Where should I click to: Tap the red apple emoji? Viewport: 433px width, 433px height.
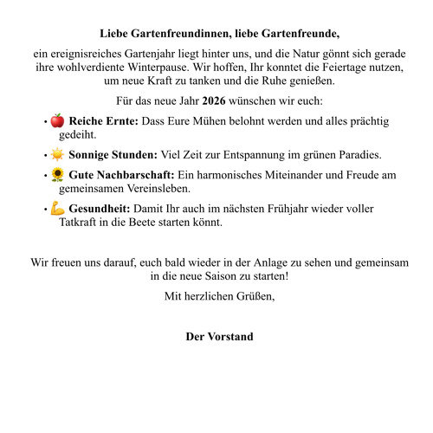coord(57,120)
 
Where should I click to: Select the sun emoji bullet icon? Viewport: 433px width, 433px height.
coord(57,155)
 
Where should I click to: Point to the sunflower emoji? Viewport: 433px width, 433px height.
coord(57,175)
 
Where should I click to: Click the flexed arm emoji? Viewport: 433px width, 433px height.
coord(57,209)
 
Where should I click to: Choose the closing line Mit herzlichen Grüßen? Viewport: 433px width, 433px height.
coord(219,297)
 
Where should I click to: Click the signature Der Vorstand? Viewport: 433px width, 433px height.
coord(219,336)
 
